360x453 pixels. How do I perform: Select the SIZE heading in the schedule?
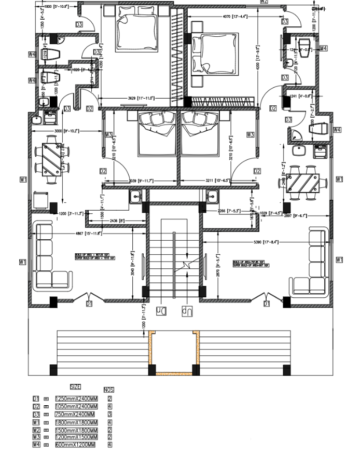75,387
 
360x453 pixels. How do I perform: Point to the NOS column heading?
109,389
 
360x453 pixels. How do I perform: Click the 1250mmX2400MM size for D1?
76,399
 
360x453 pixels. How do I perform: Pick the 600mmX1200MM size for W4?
75,445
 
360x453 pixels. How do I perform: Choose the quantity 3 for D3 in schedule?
110,414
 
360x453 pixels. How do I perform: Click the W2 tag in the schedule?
36,430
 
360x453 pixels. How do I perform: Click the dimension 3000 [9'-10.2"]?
66,131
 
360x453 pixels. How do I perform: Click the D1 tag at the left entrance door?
89,304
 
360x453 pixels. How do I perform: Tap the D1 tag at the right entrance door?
266,304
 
